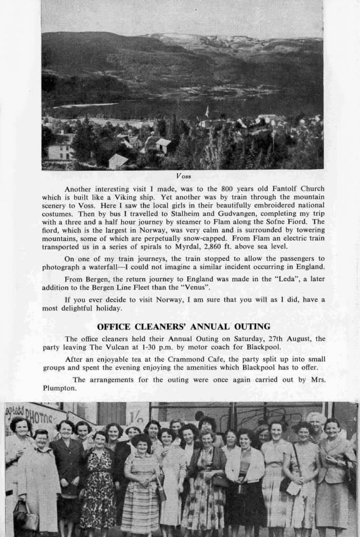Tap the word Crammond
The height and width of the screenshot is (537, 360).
pyautogui.click(x=187, y=359)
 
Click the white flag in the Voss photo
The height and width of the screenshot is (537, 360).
pyautogui.click(x=207, y=111)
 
